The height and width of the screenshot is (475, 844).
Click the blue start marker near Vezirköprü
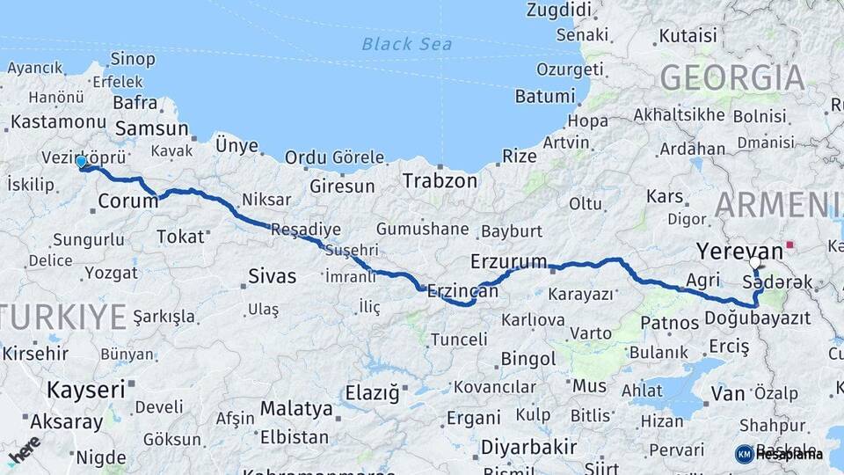(x=81, y=162)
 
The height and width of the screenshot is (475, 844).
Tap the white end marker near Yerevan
(x=755, y=262)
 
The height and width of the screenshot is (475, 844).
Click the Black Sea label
(x=407, y=44)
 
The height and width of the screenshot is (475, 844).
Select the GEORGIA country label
(x=732, y=77)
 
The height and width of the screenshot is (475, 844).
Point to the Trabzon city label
(x=440, y=182)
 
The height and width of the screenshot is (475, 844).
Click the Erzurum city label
(x=509, y=262)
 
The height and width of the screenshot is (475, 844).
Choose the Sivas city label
(x=272, y=275)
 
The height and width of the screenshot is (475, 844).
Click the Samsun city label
(x=152, y=128)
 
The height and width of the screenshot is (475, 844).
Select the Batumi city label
(x=544, y=96)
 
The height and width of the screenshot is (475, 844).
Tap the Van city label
(x=728, y=393)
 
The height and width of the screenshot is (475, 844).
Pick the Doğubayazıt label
(x=757, y=318)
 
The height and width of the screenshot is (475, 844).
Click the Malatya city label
(x=296, y=409)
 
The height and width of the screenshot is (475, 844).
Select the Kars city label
(x=666, y=196)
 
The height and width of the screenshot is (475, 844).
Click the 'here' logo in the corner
(x=25, y=450)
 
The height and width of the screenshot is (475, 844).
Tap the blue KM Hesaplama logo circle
(x=744, y=454)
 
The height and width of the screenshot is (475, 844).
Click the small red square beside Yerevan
(x=790, y=245)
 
